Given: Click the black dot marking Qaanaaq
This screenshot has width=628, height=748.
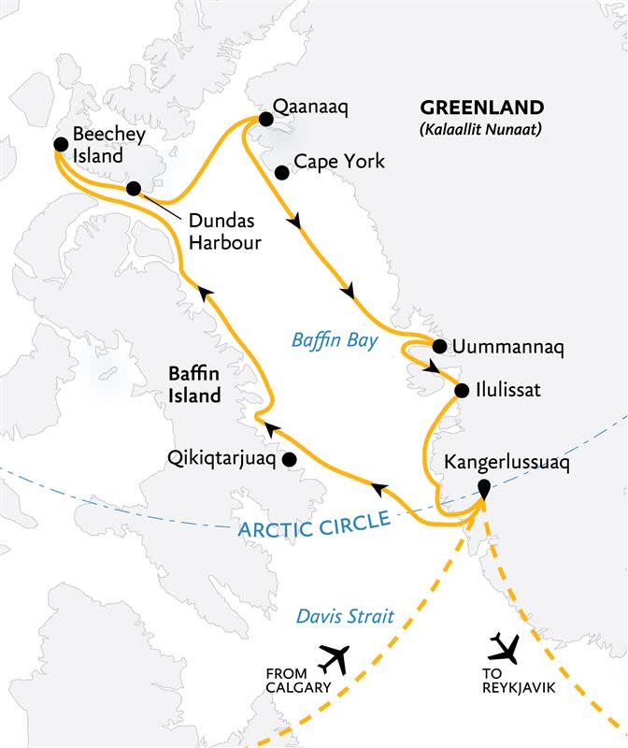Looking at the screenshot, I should click(x=265, y=119).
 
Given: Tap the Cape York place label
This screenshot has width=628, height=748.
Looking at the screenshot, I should click(x=338, y=162).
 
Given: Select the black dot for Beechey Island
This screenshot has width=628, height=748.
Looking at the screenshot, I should click(x=61, y=144).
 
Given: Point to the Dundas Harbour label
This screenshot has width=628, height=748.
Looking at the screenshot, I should click(x=223, y=232).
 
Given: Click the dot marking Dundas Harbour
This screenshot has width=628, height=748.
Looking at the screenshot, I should click(x=134, y=189).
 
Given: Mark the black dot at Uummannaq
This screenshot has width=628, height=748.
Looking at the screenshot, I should click(x=438, y=346).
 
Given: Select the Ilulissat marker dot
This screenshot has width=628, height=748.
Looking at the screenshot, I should click(x=463, y=390).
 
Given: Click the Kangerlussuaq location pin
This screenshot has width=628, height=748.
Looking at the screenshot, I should click(x=484, y=488).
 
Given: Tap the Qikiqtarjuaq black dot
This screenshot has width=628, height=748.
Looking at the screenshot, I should click(x=290, y=459).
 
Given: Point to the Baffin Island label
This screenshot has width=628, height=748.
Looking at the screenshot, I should click(x=194, y=383).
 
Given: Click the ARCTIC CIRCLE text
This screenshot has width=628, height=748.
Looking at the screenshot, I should click(x=313, y=526).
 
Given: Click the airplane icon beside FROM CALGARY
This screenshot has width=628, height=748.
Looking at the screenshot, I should click(x=333, y=659).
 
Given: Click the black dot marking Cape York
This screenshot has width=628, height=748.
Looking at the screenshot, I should click(x=281, y=172).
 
